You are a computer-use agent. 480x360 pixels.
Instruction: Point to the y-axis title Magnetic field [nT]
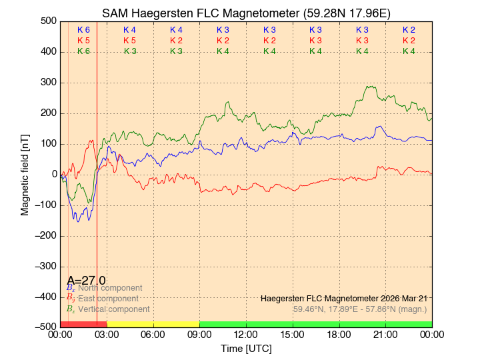[x=25, y=173]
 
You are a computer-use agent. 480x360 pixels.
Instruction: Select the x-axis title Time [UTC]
[x=246, y=349]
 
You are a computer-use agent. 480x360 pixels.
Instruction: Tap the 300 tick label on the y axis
[x=49, y=83]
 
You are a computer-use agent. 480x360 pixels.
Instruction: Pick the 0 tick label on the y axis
[x=54, y=174]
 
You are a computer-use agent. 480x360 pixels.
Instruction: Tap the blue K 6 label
[x=83, y=30]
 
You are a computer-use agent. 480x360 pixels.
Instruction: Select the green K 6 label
[x=83, y=51]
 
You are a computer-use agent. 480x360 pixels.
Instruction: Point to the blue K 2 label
[x=409, y=30]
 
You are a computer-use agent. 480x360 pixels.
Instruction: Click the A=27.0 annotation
[x=86, y=281]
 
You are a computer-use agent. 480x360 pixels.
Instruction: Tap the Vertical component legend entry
[x=113, y=309]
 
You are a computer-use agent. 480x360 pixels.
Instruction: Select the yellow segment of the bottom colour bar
[x=153, y=324]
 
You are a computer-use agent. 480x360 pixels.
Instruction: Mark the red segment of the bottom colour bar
[x=83, y=324]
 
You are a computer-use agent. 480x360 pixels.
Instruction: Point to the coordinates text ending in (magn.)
[x=360, y=309]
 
